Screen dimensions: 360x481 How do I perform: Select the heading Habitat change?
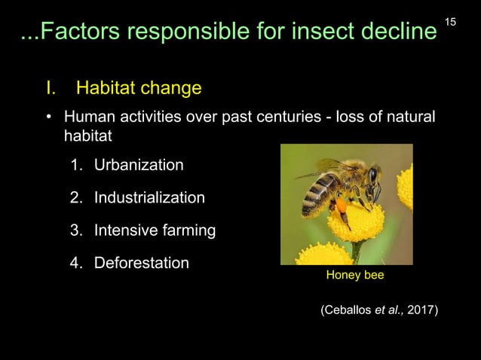[138, 89]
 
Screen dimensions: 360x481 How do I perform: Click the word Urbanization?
[138, 164]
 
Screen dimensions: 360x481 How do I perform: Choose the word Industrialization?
[149, 197]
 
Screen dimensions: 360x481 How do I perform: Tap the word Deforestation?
[142, 263]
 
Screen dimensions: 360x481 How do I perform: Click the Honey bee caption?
[354, 276]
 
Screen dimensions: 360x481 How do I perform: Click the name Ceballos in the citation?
[348, 310]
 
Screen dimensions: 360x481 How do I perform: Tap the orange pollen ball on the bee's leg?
[342, 206]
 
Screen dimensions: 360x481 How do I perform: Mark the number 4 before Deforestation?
[75, 263]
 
